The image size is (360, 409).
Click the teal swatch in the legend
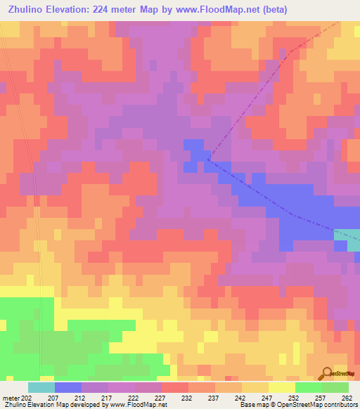click(41, 387)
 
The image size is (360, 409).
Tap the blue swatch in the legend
click(67, 387)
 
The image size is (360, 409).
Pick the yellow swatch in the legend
click(281, 387)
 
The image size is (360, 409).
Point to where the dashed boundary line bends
click(208, 160)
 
